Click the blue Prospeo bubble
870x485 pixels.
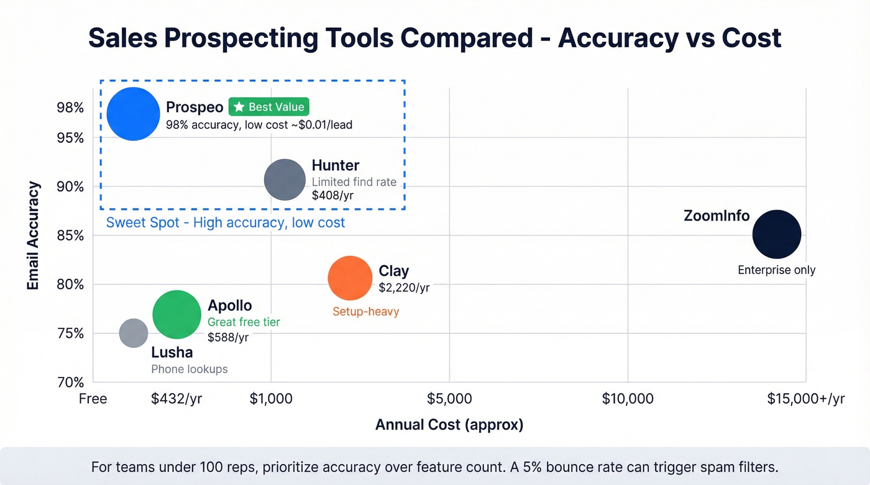point(133,114)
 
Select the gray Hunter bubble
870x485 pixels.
point(285,179)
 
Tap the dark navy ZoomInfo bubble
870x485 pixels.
point(777,234)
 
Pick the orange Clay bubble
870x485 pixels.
point(350,278)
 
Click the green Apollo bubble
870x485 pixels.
point(177,315)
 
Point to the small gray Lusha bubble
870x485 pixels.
point(134,333)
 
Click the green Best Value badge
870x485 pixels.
point(268,107)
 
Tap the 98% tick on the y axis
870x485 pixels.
point(70,108)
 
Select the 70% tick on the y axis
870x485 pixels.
point(70,383)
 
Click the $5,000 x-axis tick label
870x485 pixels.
point(449,399)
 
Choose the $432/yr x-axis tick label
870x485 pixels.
point(176,399)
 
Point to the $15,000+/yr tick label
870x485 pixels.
point(806,399)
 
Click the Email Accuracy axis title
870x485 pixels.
point(34,236)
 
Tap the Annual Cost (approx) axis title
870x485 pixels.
point(449,425)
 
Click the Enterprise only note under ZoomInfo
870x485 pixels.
point(777,270)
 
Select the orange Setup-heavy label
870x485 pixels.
point(365,311)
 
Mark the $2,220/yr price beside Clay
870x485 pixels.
point(404,288)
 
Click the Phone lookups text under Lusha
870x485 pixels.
point(190,369)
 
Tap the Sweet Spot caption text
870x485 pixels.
point(226,222)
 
